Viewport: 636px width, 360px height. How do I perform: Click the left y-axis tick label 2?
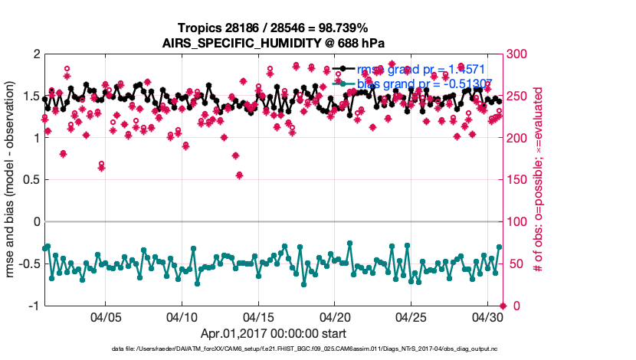[x=35, y=54]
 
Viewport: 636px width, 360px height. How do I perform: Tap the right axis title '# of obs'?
[x=539, y=180]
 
